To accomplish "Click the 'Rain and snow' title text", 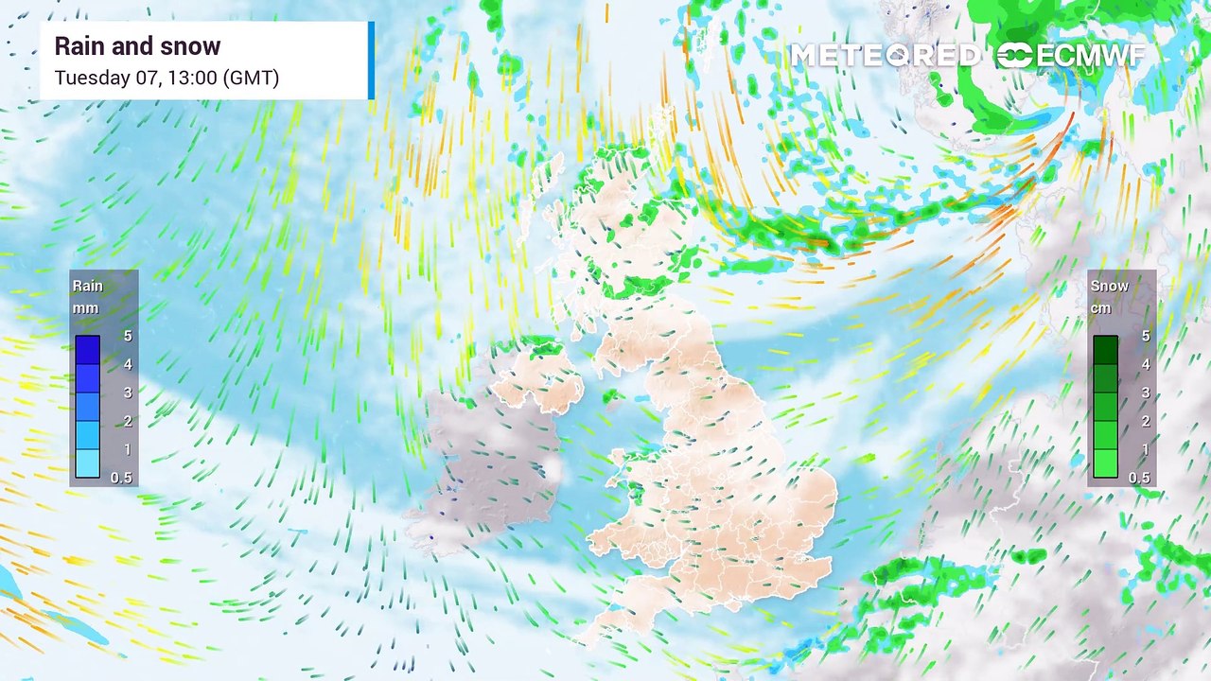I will coord(137,46).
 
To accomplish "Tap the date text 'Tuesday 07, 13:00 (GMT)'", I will coord(167,78).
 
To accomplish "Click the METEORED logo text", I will coord(884,56).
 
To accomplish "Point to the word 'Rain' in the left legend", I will coord(88,286).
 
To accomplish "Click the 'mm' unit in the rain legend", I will coord(85,308).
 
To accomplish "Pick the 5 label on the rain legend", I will coord(128,336).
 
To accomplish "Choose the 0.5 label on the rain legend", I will coord(121,478).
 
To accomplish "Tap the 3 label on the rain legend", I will coord(128,393).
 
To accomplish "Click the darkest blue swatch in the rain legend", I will coord(88,350).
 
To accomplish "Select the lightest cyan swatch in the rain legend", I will coord(88,463).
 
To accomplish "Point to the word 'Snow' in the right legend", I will coord(1109,286).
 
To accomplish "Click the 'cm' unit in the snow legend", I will coord(1101,308).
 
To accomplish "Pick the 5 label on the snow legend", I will coord(1146,336).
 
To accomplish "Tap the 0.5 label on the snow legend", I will coord(1139,478).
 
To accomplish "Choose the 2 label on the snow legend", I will coord(1146,421).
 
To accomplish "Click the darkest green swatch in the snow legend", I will coord(1106,350).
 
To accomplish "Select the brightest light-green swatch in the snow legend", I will coord(1106,463).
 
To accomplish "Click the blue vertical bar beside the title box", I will coord(371,61).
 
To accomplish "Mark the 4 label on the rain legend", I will coord(128,364).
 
